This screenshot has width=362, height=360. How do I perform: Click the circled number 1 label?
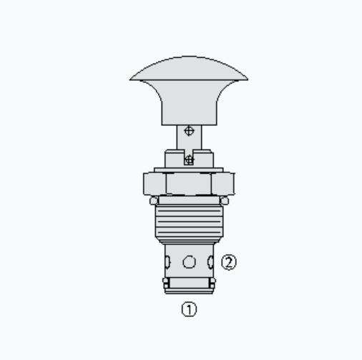pyautogui.click(x=189, y=309)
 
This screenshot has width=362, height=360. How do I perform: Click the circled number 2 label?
pyautogui.click(x=229, y=263)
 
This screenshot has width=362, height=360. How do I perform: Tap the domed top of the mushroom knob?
pyautogui.click(x=189, y=69)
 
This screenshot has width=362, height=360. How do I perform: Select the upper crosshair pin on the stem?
pyautogui.click(x=190, y=131)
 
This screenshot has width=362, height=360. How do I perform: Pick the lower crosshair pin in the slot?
pyautogui.click(x=189, y=160)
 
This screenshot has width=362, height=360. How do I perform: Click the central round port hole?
pyautogui.click(x=189, y=262)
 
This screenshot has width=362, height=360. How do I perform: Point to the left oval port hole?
pyautogui.click(x=167, y=262)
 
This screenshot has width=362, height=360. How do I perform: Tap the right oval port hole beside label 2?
pyautogui.click(x=211, y=262)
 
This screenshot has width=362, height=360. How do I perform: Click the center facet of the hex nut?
pyautogui.click(x=189, y=184)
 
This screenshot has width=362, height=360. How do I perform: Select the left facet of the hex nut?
pyautogui.click(x=155, y=184)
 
